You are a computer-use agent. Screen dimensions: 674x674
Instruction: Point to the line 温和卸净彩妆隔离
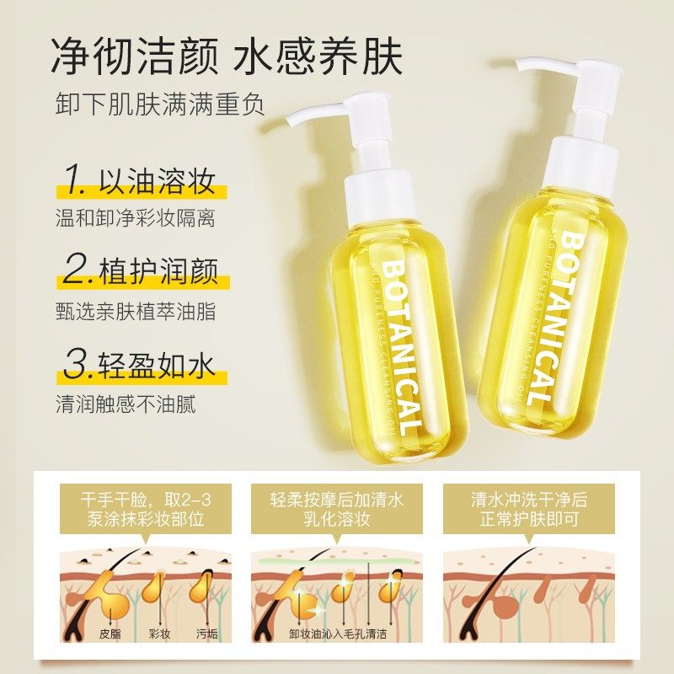135,219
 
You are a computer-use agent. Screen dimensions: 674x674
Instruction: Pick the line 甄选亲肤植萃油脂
135,311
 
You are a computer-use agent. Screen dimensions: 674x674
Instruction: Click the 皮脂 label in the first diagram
106,634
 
